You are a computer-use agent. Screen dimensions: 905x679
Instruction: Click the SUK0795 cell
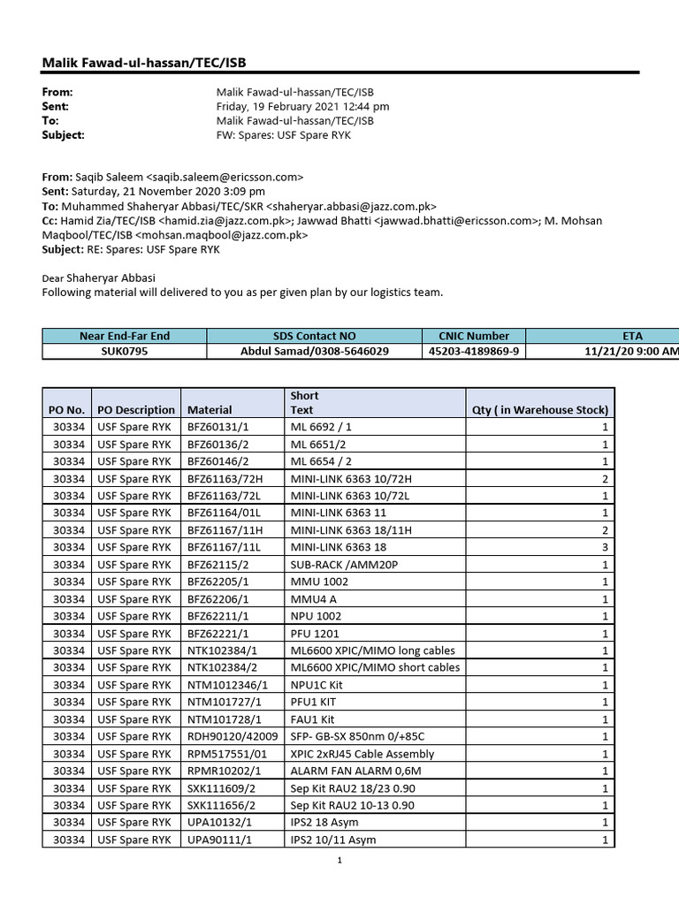[125, 351]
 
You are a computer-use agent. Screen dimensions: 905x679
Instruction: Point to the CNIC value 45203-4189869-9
[474, 351]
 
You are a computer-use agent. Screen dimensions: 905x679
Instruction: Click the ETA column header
[632, 336]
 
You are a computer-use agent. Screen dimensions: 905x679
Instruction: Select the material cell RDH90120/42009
[233, 736]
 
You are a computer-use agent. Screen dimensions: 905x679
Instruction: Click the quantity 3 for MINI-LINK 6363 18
[606, 547]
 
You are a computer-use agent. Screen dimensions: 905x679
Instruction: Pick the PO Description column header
[136, 410]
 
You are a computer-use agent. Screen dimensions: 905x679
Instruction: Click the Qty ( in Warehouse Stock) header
[541, 410]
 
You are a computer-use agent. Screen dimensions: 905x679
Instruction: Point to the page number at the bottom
[339, 861]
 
